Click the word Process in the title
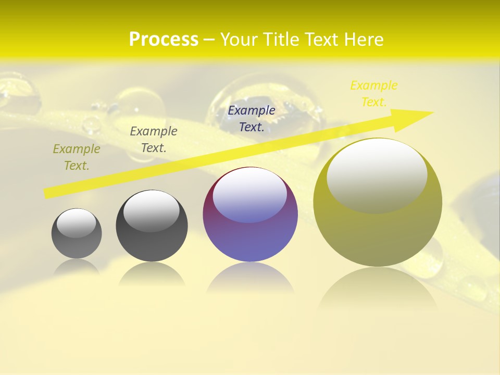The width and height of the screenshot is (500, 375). (164, 40)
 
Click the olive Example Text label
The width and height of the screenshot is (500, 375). (77, 157)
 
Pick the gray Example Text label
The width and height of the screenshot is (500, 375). (154, 140)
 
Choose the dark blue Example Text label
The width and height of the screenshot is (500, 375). (252, 119)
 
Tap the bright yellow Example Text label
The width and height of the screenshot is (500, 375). (374, 94)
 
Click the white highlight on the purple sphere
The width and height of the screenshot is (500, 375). (250, 194)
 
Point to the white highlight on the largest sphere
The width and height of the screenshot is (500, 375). (377, 174)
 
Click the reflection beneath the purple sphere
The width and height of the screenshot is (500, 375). (250, 279)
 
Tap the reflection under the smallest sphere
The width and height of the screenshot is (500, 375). (77, 267)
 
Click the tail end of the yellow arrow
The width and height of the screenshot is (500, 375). (47, 193)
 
